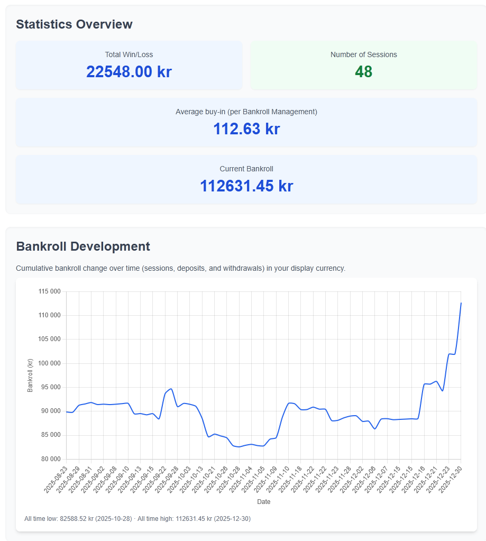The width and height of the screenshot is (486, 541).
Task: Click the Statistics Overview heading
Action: (74, 24)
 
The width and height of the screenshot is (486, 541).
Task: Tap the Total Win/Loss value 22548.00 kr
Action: (129, 72)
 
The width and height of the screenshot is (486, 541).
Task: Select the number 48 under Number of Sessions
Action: (364, 72)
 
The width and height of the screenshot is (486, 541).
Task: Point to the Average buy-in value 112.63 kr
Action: (246, 129)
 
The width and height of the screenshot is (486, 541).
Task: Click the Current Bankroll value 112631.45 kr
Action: (246, 186)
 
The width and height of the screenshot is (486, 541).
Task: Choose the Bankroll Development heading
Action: (83, 246)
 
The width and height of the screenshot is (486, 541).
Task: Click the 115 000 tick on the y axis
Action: (50, 291)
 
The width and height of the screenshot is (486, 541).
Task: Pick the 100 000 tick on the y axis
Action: (50, 363)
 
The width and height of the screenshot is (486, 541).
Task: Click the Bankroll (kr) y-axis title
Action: (30, 375)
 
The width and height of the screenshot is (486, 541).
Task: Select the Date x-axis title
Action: (263, 501)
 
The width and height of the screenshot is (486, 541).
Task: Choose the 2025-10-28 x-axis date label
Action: (228, 479)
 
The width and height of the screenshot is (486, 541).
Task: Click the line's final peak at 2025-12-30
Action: (461, 303)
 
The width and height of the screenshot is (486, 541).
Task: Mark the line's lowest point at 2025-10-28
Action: (239, 447)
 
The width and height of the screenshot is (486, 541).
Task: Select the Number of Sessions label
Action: (364, 54)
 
